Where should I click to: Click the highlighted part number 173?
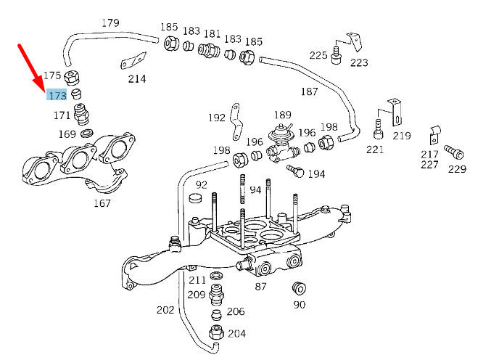click(x=57, y=95)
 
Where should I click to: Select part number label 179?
click(x=110, y=23)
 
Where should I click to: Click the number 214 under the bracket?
click(x=137, y=79)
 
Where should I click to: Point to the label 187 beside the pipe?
click(x=310, y=91)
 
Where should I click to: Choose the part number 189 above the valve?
click(x=282, y=115)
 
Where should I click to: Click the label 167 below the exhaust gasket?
click(x=102, y=203)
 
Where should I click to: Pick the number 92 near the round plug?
click(x=201, y=185)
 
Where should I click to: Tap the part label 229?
click(x=457, y=169)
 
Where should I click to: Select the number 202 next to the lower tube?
click(x=165, y=310)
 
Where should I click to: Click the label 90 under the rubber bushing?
click(x=299, y=305)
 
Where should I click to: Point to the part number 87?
click(x=261, y=287)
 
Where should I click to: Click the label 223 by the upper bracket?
click(x=359, y=62)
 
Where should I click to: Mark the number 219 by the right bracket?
click(x=402, y=135)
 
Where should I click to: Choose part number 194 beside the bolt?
click(x=316, y=174)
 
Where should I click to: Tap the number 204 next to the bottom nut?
click(x=236, y=334)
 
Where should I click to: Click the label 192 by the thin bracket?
click(x=217, y=118)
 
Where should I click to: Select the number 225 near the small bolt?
click(x=318, y=55)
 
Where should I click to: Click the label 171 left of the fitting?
click(x=62, y=115)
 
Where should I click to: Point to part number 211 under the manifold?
click(x=197, y=280)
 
